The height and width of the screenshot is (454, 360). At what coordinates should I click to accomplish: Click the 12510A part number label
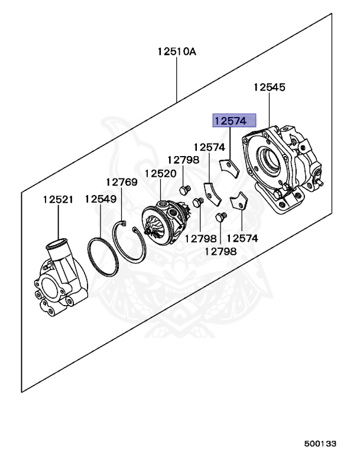176,51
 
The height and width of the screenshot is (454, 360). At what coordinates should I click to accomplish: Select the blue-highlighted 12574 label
235,121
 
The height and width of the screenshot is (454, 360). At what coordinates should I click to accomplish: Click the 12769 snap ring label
122,182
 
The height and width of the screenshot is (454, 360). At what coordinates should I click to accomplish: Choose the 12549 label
100,199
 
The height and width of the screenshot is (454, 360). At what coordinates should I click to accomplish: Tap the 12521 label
58,199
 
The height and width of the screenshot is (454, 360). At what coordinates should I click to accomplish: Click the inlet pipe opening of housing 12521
56,244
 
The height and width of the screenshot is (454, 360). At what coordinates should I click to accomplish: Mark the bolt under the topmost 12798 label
184,189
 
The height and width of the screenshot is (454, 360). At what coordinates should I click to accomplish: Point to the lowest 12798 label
220,251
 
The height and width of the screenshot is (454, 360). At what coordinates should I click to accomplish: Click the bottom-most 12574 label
243,238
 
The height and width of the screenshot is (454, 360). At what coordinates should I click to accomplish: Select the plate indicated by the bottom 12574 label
238,202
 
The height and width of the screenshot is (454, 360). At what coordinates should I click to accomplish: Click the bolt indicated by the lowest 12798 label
221,218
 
